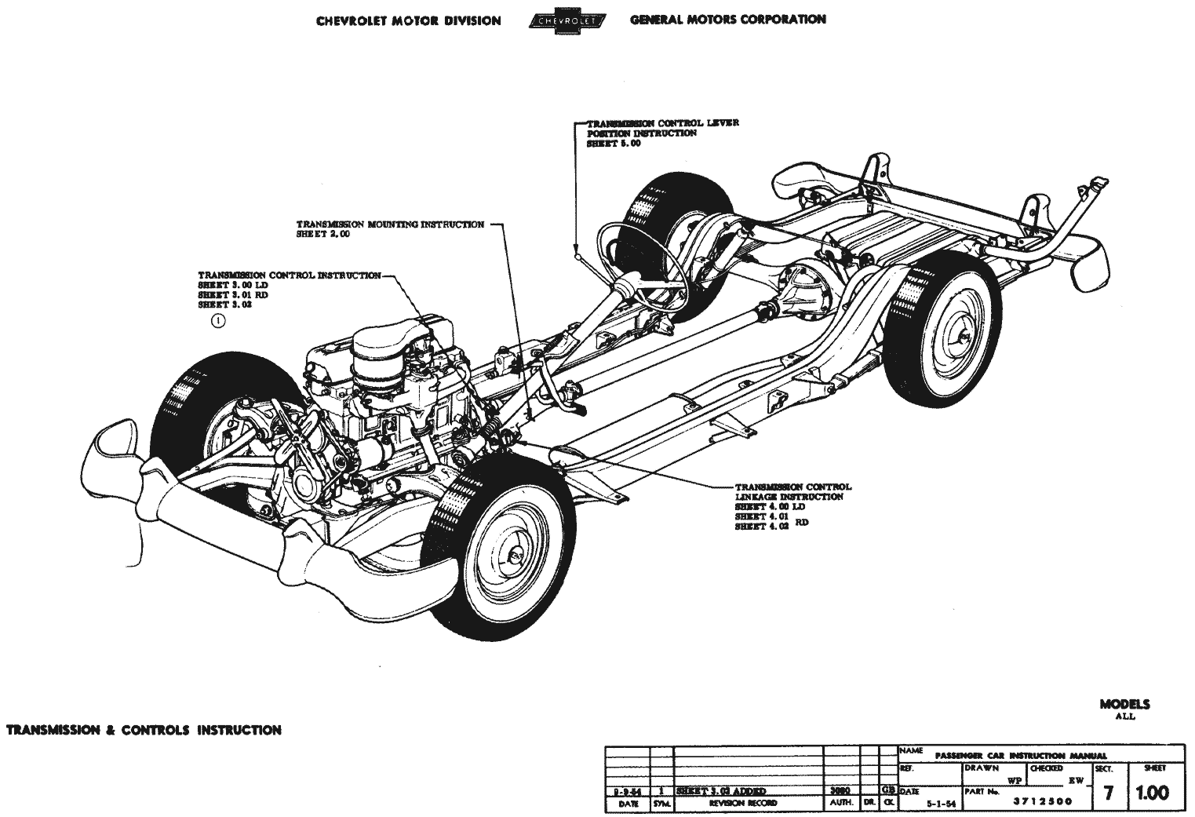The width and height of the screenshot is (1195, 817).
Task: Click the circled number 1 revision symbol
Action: click(218, 320)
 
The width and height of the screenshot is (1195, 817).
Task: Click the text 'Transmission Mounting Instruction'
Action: click(390, 224)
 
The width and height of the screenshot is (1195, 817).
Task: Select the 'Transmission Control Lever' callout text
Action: click(663, 123)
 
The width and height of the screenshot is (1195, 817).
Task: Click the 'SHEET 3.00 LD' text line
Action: click(233, 285)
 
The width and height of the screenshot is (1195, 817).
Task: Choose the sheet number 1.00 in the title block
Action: click(1152, 793)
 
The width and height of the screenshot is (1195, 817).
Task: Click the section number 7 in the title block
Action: click(1108, 793)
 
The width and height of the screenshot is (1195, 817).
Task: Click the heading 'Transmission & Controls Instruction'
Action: click(144, 730)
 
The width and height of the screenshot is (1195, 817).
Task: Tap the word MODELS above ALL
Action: click(1124, 705)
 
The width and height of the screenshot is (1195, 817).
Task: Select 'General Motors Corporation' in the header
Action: click(727, 20)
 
